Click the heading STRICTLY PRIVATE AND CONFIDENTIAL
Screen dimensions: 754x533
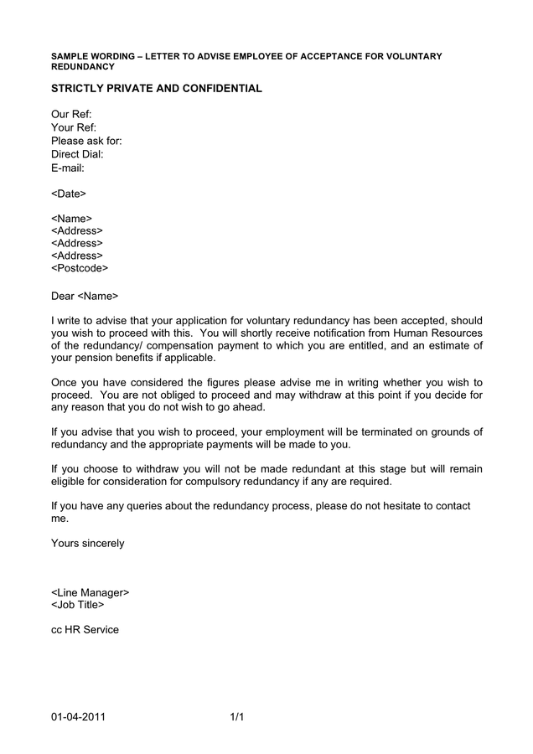(157, 89)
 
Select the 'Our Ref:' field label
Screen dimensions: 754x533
(71, 115)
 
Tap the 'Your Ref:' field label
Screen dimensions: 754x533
(74, 128)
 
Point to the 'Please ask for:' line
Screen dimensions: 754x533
(86, 142)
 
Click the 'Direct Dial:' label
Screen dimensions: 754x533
(77, 155)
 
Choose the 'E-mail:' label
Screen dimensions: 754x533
(68, 168)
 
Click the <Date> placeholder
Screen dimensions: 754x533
(69, 194)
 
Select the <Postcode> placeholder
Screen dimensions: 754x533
(80, 269)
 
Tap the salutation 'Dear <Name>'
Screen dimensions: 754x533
(85, 296)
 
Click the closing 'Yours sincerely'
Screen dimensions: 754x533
(87, 544)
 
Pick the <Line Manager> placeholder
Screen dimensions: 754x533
(91, 592)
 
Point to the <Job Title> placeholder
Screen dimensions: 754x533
(78, 605)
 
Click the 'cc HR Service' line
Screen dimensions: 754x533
(85, 630)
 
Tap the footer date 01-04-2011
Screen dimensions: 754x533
(78, 717)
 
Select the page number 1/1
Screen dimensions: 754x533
(236, 717)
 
